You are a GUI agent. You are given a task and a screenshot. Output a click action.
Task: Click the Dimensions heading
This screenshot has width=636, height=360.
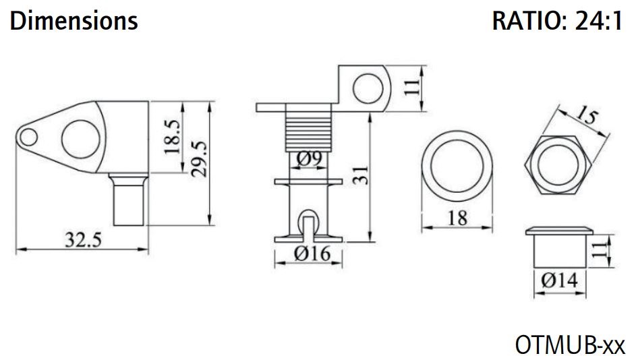(74, 21)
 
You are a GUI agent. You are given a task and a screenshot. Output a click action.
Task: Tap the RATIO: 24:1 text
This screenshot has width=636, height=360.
(557, 21)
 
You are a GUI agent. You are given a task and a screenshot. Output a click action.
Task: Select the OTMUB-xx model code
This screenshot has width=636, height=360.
(570, 345)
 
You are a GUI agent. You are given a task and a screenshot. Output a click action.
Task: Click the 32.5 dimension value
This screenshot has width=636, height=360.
(83, 240)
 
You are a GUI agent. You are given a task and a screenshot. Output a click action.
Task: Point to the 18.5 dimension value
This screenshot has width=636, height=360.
(173, 137)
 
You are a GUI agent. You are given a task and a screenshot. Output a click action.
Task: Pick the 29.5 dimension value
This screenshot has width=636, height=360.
(200, 158)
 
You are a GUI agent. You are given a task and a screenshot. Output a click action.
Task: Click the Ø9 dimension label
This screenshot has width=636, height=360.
(309, 159)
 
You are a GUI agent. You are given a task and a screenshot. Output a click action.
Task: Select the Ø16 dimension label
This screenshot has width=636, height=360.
(312, 253)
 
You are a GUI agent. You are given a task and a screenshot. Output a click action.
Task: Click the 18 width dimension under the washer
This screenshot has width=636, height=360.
(457, 218)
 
